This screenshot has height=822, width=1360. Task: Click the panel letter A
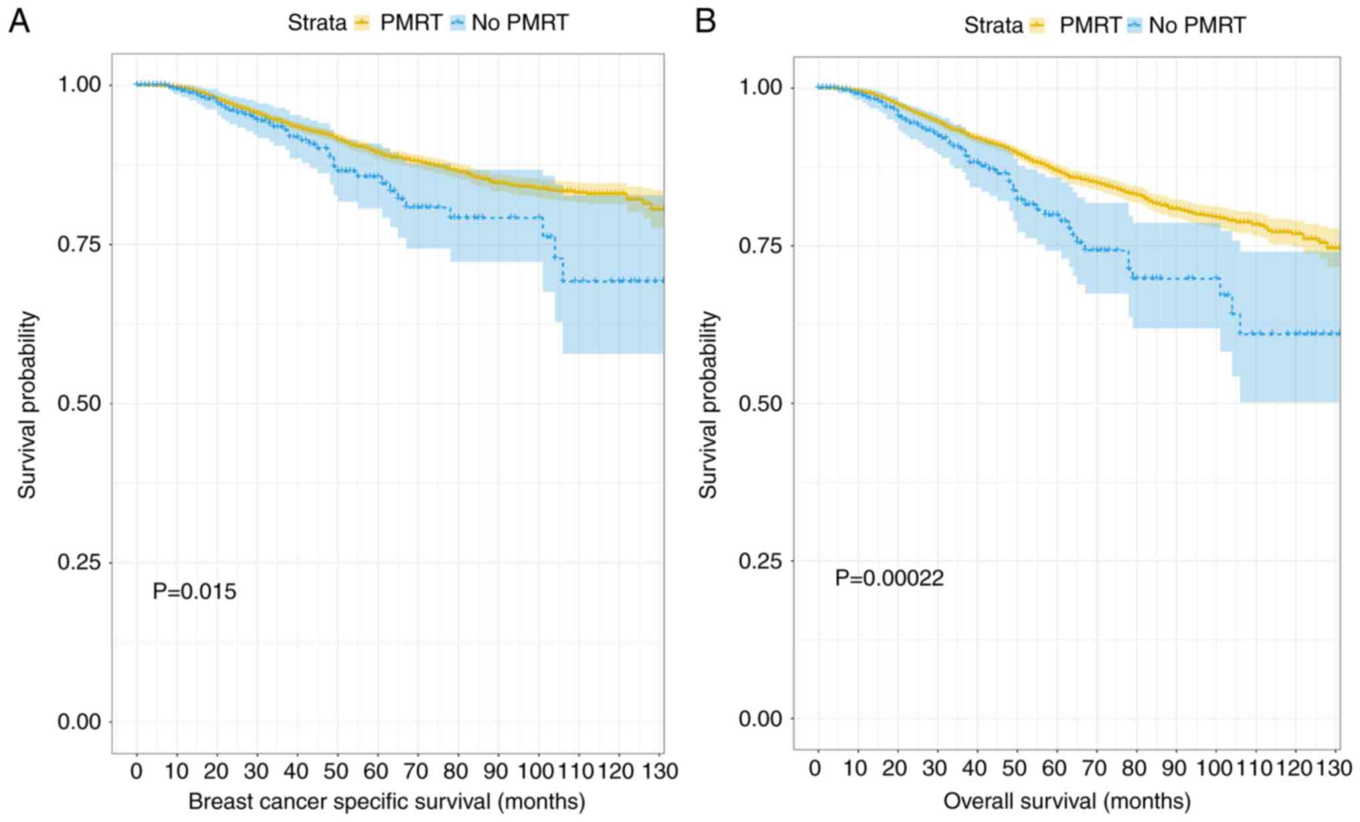[19, 21]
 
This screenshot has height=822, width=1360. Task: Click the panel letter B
[705, 21]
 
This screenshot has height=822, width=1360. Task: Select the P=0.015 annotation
[194, 592]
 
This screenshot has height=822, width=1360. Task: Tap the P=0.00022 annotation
[889, 578]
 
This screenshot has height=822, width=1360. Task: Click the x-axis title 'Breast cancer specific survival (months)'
[387, 801]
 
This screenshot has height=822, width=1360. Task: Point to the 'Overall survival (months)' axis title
[1067, 801]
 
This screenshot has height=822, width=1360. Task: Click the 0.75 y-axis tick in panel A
[80, 244]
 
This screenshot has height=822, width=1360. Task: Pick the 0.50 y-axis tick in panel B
[761, 404]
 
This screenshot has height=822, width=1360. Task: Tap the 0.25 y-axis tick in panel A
[80, 562]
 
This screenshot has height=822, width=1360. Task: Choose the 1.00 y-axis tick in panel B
[761, 88]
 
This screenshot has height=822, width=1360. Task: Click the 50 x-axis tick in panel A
[336, 771]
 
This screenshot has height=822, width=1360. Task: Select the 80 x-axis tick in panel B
[1134, 768]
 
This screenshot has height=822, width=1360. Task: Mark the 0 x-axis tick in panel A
[137, 771]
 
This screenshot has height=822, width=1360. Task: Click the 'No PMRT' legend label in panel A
[519, 23]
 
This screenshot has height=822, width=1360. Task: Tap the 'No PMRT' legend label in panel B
[1197, 25]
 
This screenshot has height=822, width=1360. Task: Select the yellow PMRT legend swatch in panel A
[362, 23]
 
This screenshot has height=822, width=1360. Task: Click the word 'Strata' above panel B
[993, 25]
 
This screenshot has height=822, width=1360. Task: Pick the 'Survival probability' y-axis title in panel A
[27, 405]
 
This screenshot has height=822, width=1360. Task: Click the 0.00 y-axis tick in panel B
[761, 719]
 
